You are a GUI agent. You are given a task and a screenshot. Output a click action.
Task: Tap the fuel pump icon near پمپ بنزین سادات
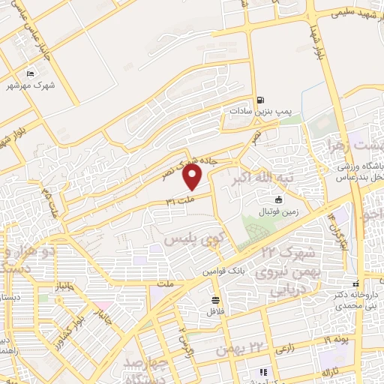tap(260, 99)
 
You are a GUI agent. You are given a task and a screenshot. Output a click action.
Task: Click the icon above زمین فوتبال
tap(279, 199)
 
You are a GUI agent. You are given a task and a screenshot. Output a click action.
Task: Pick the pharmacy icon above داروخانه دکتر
tap(357, 283)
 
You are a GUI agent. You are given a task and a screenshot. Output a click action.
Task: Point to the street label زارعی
tap(285, 349)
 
